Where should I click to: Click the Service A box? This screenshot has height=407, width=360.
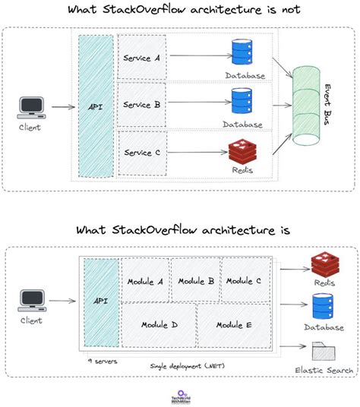coord(141,58)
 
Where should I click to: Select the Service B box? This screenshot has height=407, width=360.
coord(141,105)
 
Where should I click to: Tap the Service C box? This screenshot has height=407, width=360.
coord(141,153)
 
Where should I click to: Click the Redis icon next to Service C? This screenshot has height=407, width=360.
coord(242,151)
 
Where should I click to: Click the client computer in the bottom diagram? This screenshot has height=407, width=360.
coord(31,301)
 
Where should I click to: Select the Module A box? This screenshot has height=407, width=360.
coord(145,280)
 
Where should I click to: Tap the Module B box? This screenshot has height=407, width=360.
coord(195,280)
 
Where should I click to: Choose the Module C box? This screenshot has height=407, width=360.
coord(244,280)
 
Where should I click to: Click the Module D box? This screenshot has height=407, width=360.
coord(159,324)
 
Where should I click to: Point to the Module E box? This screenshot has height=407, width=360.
coord(234,324)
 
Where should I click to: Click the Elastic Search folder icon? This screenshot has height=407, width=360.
coord(324,352)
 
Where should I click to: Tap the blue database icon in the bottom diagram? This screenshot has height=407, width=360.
coord(324,308)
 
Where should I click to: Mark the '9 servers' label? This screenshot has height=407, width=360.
coord(103,361)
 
